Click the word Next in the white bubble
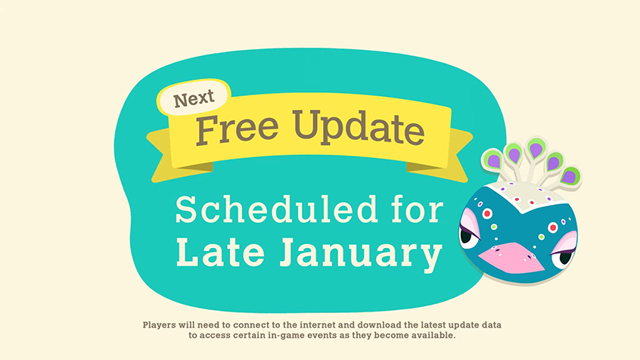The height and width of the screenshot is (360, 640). pyautogui.click(x=194, y=98)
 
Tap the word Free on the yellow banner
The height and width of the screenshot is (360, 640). pyautogui.click(x=237, y=130)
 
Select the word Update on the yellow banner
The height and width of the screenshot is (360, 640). pyautogui.click(x=359, y=127)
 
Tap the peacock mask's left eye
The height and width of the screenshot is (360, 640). pyautogui.click(x=468, y=234)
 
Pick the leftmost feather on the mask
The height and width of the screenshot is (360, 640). pyautogui.click(x=492, y=160)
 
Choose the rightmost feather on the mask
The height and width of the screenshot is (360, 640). pyautogui.click(x=570, y=177)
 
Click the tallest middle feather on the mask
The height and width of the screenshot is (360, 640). pyautogui.click(x=536, y=148)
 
